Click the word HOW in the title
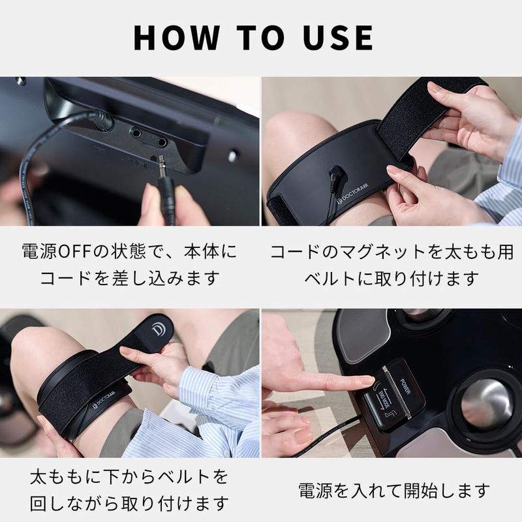176,37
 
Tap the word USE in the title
338,37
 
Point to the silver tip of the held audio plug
161,165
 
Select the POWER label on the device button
404,386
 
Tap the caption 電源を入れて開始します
394,491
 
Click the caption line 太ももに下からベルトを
129,476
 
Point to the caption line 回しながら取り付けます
129,504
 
